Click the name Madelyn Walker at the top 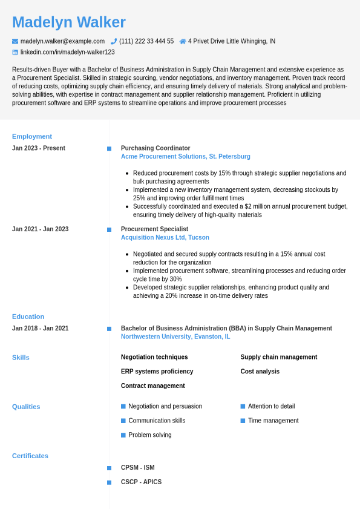pyautogui.click(x=69, y=22)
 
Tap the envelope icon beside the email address pyautogui.click(x=15, y=41)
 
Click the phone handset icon pyautogui.click(x=114, y=41)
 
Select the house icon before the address pyautogui.click(x=183, y=41)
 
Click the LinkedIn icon pyautogui.click(x=15, y=52)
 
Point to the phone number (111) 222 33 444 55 pyautogui.click(x=146, y=41)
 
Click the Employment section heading pyautogui.click(x=32, y=136)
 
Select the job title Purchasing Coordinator pyautogui.click(x=155, y=148)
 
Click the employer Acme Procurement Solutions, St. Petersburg pyautogui.click(x=185, y=156)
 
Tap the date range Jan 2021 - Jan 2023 pyautogui.click(x=40, y=229)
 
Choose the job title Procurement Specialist pyautogui.click(x=154, y=229)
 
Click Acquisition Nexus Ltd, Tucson pyautogui.click(x=165, y=237)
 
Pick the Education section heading pyautogui.click(x=28, y=316)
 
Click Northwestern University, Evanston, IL pyautogui.click(x=175, y=337)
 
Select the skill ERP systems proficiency pyautogui.click(x=157, y=371)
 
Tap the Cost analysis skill pyautogui.click(x=260, y=371)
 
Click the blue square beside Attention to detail pyautogui.click(x=243, y=406)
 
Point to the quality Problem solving pyautogui.click(x=150, y=435)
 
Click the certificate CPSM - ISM pyautogui.click(x=137, y=467)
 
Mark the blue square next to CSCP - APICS pyautogui.click(x=109, y=482)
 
